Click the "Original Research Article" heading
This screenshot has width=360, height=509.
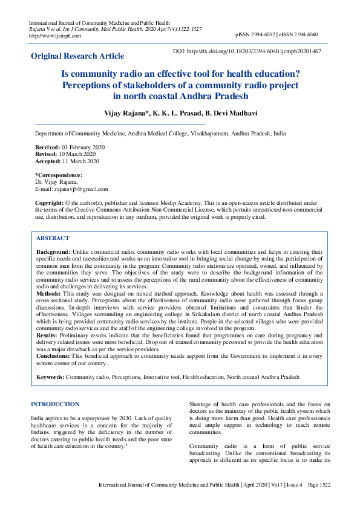[x=77, y=56]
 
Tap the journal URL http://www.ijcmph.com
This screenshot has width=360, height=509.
[x=55, y=35]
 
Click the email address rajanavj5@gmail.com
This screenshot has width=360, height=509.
[x=81, y=189]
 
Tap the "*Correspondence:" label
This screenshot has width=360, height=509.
[x=59, y=175]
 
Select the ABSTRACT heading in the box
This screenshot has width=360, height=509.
[x=53, y=238]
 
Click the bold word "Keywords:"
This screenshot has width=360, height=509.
[x=50, y=377]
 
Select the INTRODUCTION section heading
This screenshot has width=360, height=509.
[x=54, y=404]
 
